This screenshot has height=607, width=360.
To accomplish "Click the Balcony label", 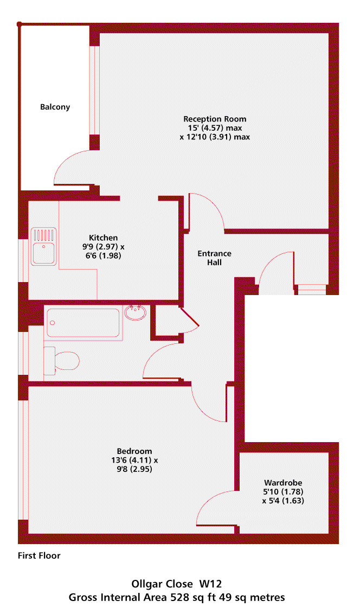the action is [x=55, y=107].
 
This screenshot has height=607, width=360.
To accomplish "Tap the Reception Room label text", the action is [x=215, y=119].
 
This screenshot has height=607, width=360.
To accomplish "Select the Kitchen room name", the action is [x=104, y=238].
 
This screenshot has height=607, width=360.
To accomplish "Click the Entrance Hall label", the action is [x=215, y=258].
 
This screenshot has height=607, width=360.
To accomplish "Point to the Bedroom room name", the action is [x=134, y=451].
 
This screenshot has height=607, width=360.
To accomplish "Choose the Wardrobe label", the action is [x=283, y=483].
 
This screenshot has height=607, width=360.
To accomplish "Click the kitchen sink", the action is [x=44, y=246].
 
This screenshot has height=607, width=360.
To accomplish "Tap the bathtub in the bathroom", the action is [x=83, y=323].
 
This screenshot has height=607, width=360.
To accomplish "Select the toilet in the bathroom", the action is [x=61, y=361].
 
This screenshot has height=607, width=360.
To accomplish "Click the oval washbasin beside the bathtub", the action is [x=136, y=312].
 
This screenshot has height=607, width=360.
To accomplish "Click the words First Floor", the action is [x=39, y=555].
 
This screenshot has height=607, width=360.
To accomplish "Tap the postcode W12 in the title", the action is [x=210, y=584].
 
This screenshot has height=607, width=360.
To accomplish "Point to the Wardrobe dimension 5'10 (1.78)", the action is [x=283, y=491].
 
